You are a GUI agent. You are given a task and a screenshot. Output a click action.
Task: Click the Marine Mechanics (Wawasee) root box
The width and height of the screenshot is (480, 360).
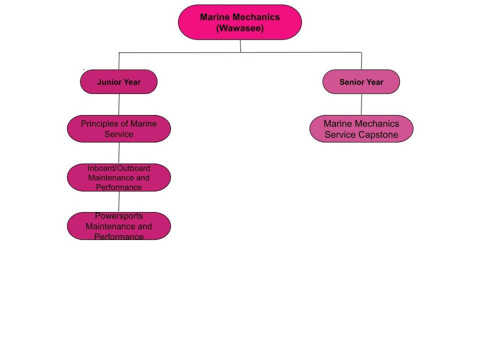[240, 22]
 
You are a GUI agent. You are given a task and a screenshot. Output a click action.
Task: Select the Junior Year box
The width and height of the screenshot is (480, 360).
[118, 82]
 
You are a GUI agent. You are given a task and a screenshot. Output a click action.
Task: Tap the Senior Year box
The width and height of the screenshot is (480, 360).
[361, 82]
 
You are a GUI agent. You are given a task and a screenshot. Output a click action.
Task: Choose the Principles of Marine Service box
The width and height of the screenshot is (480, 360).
[118, 129]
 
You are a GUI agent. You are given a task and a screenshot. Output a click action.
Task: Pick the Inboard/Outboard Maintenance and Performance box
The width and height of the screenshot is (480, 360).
[118, 177]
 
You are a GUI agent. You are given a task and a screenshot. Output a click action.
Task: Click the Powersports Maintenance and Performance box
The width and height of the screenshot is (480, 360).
[118, 226]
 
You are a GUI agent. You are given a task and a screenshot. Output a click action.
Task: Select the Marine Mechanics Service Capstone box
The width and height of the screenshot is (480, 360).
[361, 129]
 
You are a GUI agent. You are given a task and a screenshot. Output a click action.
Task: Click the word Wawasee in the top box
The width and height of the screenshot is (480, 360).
[240, 28]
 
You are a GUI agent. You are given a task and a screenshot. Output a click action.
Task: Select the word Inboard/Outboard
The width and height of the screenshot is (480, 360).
[118, 168]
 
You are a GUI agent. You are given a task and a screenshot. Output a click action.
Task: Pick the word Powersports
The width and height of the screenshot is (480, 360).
[118, 216]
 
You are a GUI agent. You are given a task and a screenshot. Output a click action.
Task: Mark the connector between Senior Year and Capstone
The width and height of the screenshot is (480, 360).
[361, 104]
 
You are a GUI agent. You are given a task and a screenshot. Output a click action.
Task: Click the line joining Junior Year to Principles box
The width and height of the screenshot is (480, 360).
[119, 104]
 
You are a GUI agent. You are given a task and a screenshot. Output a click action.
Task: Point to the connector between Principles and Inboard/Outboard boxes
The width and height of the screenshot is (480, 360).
[119, 153]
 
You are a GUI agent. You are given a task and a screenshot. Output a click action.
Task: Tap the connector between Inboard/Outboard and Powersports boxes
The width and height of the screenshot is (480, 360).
[119, 201]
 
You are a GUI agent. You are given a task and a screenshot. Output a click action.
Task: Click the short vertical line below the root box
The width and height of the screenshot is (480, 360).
[240, 46]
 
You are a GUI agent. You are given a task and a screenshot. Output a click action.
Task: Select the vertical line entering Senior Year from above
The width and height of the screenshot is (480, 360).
[361, 61]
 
